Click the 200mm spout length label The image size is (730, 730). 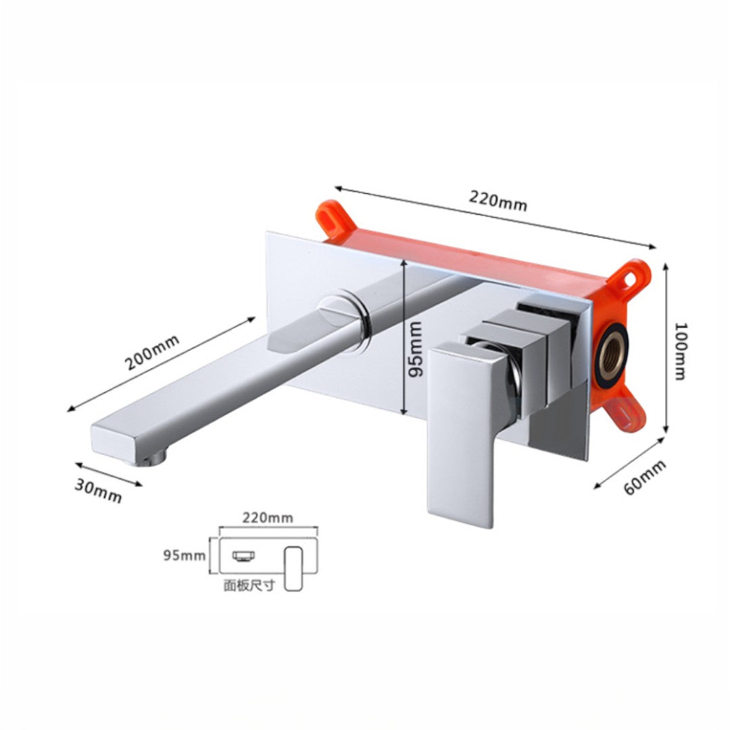pyautogui.click(x=152, y=352)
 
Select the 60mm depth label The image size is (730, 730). pyautogui.click(x=645, y=478)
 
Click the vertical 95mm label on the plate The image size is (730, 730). pyautogui.click(x=414, y=349)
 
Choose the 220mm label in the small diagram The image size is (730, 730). pyautogui.click(x=268, y=517)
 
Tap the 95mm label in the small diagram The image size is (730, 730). pyautogui.click(x=185, y=555)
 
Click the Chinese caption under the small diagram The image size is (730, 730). pyautogui.click(x=249, y=585)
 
